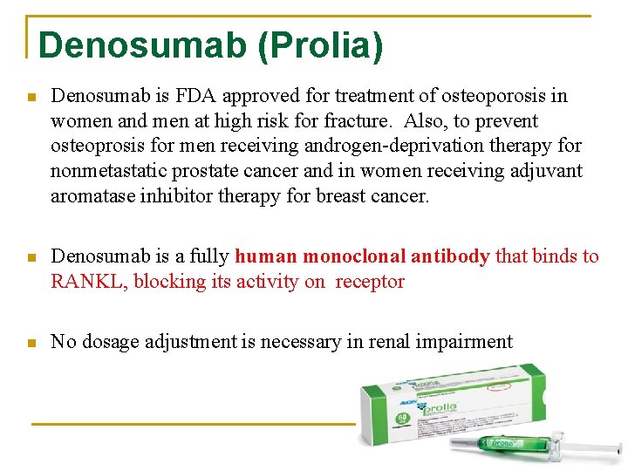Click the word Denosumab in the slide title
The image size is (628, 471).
[143, 46]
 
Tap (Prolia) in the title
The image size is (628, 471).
[320, 46]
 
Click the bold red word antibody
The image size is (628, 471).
[449, 256]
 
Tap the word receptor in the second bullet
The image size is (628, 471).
[370, 282]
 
